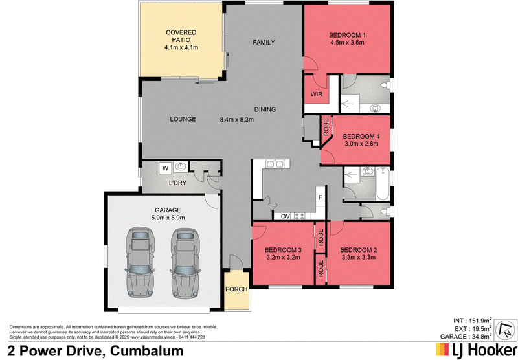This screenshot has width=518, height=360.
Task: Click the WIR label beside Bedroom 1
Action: pos(316,95)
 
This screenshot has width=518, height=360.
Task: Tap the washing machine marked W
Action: pos(166,168)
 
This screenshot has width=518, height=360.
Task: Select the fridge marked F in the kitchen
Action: pos(320,198)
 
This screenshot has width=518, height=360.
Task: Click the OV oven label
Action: pos(285,216)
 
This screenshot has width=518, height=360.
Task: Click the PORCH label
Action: pos(236,289)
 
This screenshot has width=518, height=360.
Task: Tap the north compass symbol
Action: pos(507,329)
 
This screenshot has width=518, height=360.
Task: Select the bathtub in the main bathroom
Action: pos(383,184)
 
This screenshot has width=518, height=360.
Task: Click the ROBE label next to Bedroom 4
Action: pos(326,127)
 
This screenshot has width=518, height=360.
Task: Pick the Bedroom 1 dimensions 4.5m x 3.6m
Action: pos(347,43)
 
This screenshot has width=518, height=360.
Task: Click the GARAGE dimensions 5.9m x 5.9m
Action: pos(168,218)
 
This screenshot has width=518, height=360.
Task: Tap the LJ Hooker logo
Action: pos(476,350)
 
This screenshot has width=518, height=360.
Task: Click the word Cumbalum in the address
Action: pos(147,351)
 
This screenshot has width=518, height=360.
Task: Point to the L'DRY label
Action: pos(177,183)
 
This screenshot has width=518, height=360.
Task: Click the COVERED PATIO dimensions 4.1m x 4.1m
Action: pos(181,47)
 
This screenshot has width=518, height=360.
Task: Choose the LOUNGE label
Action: pos(183,119)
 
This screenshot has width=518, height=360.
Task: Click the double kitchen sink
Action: pos(275,163)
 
